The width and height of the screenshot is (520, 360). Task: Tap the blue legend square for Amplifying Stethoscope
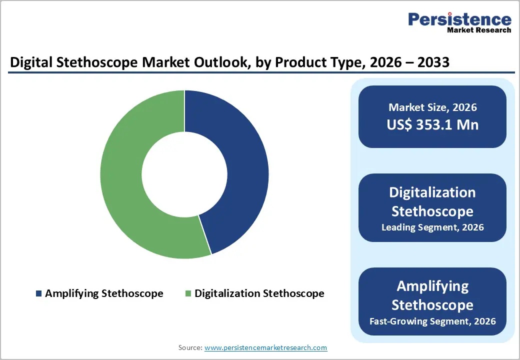38,293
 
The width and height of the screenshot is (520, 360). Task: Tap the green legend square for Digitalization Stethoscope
188,293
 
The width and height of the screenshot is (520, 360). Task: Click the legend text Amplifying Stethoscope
104,293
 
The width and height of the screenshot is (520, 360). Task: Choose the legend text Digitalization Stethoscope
259,293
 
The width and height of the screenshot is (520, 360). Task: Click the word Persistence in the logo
459,19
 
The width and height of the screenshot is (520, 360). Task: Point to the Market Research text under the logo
479,30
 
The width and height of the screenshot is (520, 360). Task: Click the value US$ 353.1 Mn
432,124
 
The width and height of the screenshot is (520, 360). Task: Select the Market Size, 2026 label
432,107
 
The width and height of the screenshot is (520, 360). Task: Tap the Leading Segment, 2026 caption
432,227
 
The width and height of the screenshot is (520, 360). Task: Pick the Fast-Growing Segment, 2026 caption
432,321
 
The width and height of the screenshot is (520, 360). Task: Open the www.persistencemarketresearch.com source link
266,347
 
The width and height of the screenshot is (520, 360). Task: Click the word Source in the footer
190,347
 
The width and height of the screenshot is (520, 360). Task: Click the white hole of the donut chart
184,174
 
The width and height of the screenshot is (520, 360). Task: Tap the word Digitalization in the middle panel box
432,193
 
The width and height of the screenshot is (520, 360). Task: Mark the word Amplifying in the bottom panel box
432,286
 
